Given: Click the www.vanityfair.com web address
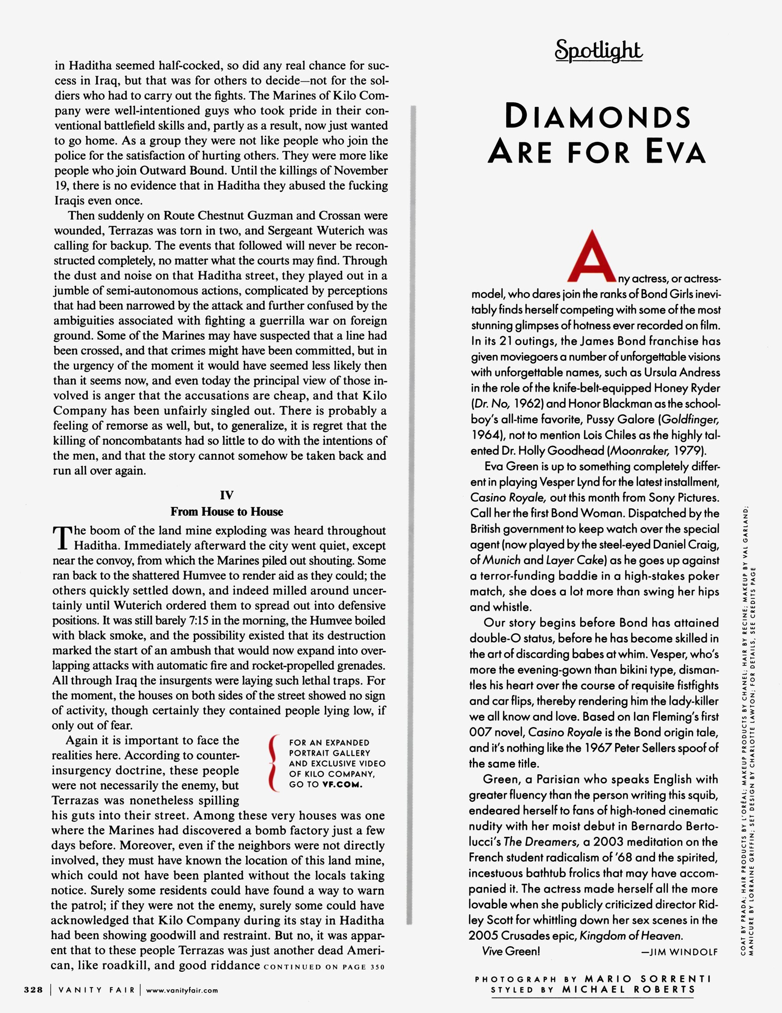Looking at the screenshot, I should click(182, 990).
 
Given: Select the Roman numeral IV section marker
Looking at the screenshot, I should click(226, 495).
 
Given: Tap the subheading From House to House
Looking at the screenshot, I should click(227, 512).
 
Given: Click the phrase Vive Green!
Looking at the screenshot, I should click(511, 951).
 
